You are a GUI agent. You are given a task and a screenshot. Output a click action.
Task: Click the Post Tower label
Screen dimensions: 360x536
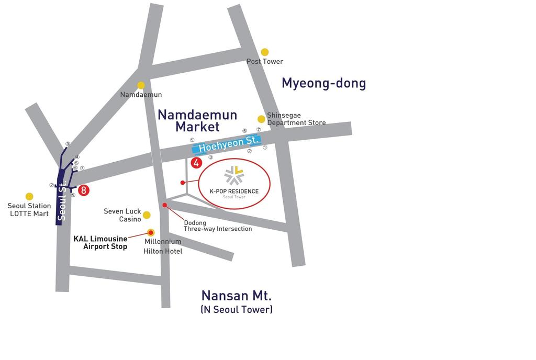pos(265,62)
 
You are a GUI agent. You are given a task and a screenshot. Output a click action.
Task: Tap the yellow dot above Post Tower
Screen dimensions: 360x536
pos(265,52)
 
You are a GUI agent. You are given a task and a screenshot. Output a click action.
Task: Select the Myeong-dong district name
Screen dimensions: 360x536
pos(323,83)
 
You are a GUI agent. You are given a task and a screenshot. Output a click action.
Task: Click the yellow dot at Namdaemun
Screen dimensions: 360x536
pos(141,85)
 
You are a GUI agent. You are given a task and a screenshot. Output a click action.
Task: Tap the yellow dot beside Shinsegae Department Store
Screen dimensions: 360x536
pos(261,119)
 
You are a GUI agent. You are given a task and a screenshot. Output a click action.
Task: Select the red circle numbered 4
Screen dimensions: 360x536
pos(196,163)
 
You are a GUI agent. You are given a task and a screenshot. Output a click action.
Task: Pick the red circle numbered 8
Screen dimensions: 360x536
pos(84,190)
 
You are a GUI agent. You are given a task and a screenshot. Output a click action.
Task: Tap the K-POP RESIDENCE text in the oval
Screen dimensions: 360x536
pos(234,191)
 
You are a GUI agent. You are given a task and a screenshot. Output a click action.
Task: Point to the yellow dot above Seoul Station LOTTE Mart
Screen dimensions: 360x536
pos(29,197)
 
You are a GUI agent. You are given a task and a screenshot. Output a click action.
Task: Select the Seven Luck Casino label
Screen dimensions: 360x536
pos(122,215)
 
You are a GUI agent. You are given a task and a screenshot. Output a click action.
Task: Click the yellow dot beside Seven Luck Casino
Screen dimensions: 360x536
pos(147,215)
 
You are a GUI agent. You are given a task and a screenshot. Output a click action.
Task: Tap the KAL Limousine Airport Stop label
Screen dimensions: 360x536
pos(100,243)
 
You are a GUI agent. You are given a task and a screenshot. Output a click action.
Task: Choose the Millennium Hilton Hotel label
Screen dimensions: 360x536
pos(163,246)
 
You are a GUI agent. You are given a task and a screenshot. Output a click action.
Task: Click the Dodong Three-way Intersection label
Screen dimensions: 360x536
pos(218,226)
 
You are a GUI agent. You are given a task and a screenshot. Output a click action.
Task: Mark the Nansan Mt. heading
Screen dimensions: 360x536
pos(237,295)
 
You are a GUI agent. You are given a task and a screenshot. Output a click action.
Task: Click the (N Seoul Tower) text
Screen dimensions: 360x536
pos(237,309)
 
